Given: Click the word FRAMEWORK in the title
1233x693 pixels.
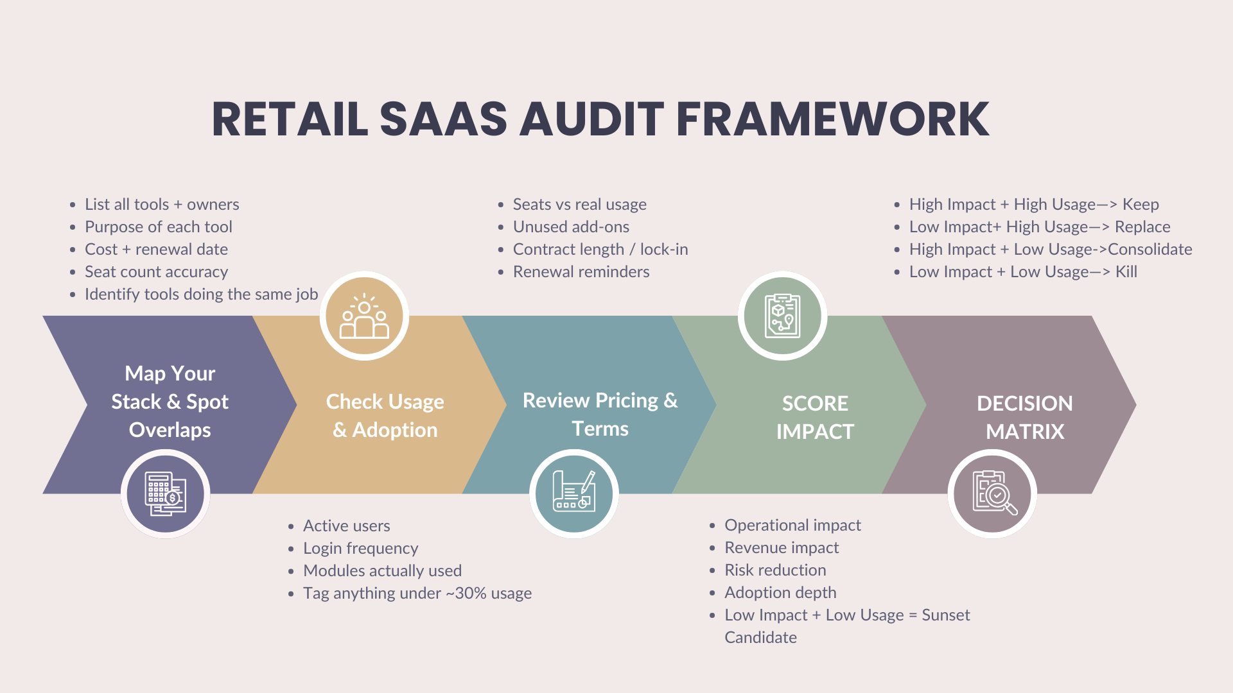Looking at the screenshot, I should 832,119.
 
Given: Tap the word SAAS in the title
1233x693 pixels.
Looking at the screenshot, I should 443,119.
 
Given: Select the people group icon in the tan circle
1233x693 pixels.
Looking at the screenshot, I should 364,316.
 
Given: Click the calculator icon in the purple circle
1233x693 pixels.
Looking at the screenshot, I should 166,494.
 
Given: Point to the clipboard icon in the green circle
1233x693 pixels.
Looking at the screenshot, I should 782,316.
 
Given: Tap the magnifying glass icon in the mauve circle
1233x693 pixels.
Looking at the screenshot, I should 993,494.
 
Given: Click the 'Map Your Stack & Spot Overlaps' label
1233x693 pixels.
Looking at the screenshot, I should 170,402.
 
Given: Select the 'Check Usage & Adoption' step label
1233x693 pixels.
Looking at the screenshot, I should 385,416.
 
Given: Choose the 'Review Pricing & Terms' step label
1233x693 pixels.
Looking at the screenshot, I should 600,415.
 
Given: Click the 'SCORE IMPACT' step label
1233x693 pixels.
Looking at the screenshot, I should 815,417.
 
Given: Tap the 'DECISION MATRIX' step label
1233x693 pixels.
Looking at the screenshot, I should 1025,417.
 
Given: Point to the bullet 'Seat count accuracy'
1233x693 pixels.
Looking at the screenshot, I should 156,272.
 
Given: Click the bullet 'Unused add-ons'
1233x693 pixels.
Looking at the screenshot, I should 571,227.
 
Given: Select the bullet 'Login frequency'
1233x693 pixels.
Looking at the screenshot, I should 360,549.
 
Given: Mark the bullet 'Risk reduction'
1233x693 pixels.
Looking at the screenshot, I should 775,570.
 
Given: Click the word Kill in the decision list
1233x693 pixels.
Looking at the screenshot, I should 1126,272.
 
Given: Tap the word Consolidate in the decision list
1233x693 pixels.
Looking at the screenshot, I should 1150,250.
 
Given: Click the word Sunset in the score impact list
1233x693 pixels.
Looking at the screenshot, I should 945,615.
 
